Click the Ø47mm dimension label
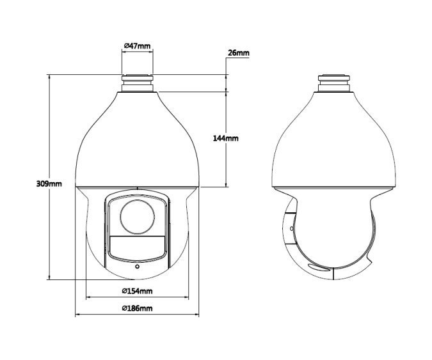coord(138,45)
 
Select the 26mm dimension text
coord(239,53)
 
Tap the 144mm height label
coord(226,138)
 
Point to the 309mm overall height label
coord(49,184)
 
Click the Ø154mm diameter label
coord(137,291)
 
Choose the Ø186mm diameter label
coord(137,308)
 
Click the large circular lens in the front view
coord(137,217)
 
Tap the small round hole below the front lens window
coord(137,267)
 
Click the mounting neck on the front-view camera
coord(138,83)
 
